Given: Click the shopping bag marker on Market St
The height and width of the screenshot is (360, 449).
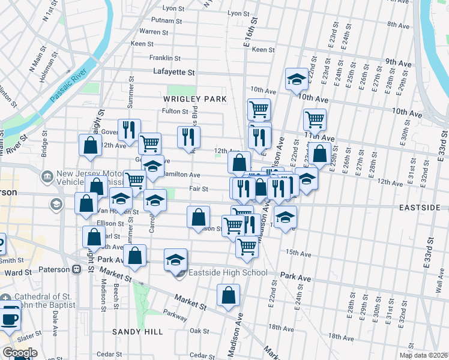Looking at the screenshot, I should click(228, 295).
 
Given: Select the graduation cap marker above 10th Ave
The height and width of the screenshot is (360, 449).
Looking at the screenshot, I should click(297, 79).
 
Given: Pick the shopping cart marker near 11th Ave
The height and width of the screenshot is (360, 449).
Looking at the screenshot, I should click(315, 119).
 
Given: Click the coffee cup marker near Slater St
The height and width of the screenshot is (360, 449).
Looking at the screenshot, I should click(10, 318).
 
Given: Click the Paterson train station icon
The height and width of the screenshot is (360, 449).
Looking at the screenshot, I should click(76, 269).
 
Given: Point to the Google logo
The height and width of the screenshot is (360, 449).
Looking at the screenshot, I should click(19, 352).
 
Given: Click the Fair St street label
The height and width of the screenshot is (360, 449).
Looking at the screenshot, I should click(199, 188).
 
